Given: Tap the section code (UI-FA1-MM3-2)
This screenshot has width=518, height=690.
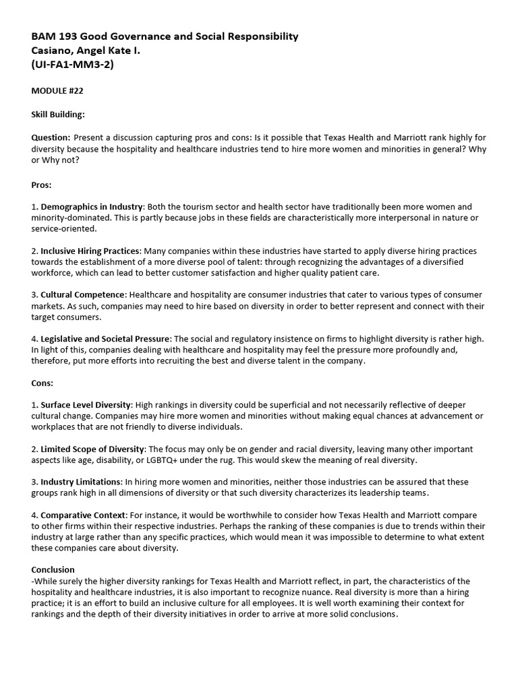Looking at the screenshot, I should [72, 65].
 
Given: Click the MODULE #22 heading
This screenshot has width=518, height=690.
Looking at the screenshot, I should [57, 91].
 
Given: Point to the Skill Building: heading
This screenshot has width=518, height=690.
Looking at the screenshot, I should [58, 115].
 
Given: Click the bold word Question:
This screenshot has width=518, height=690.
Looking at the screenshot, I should [51, 137].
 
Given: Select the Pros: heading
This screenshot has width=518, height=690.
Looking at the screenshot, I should [42, 184].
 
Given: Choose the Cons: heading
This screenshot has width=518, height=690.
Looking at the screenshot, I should [42, 382].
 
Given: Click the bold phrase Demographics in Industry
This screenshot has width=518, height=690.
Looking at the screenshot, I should [92, 207].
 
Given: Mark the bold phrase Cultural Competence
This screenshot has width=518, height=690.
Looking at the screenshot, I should [83, 294].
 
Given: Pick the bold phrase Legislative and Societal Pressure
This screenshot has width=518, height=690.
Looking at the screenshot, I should [105, 338].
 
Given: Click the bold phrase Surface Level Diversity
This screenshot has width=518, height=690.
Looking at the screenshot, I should [86, 405].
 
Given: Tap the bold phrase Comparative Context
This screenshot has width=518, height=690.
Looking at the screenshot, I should [84, 515].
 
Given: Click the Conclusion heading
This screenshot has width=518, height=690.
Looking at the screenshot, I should [53, 570].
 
